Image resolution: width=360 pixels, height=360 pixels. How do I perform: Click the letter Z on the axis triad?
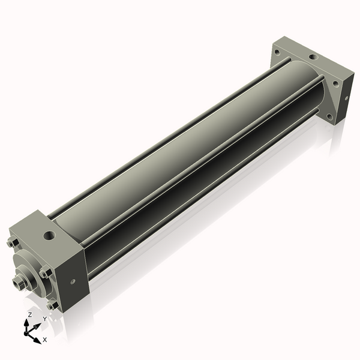point(30,314)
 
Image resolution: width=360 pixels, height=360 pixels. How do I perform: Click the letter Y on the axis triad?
point(44,319)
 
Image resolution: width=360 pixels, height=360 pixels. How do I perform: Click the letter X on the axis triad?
point(44,340)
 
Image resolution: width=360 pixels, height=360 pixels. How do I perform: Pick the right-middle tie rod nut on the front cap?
point(45,274)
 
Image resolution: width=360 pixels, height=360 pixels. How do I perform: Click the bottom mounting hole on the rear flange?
point(328,114)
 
